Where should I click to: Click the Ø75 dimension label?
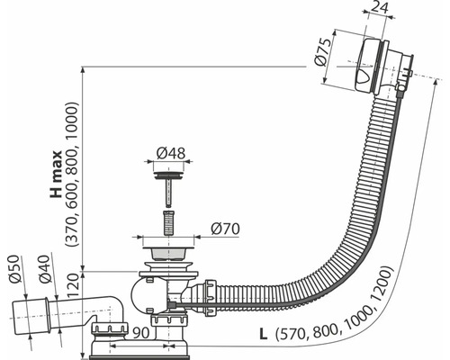pos(323,52)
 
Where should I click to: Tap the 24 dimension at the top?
pos(379,6)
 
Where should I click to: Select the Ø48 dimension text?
pos(171,153)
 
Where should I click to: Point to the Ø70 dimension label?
pos(225,229)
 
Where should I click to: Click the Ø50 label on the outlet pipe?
pos(14,269)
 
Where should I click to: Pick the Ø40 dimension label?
pos(44,269)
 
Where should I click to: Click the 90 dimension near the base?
pos(140,333)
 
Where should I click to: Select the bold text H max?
pos(56,174)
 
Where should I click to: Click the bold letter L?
pos(263,335)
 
